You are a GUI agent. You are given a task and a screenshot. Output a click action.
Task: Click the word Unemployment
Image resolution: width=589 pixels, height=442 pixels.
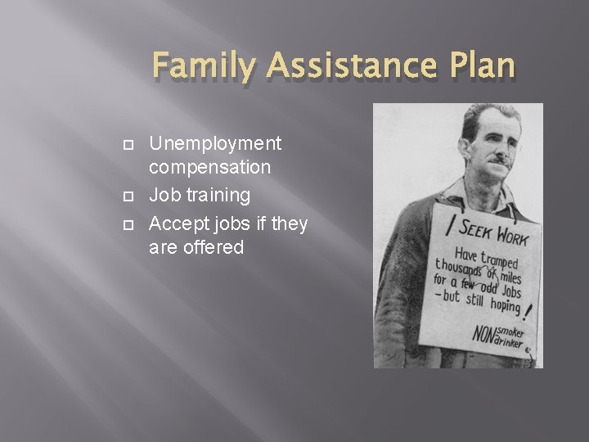pyautogui.click(x=215, y=144)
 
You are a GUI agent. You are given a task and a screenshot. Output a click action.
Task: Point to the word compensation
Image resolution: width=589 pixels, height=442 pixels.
pyautogui.click(x=210, y=169)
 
